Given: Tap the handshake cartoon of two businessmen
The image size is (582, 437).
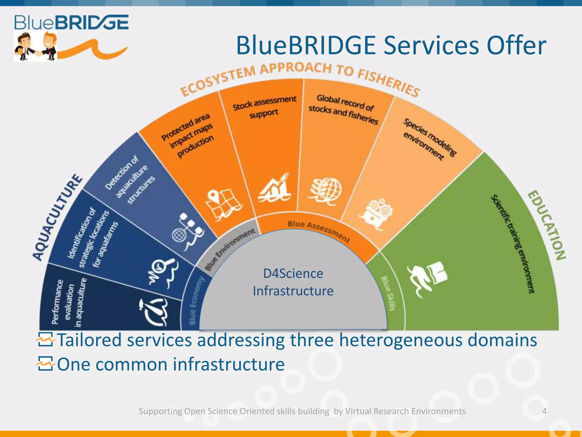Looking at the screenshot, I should (x=36, y=46).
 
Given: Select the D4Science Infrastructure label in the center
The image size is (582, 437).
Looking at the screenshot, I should (x=293, y=282).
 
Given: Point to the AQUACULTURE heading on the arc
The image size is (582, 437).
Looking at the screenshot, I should (x=57, y=218).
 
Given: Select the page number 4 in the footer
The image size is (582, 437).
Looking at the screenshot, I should (x=544, y=411).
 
